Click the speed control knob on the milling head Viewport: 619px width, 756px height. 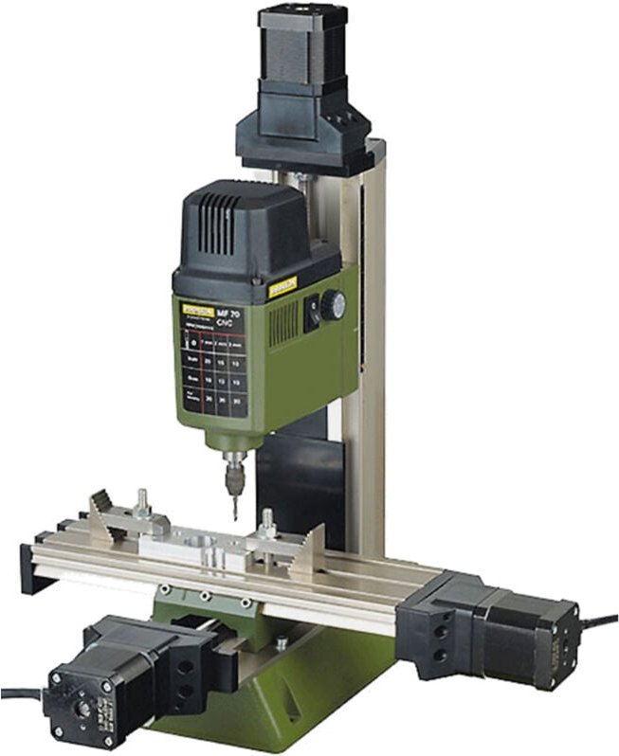333,305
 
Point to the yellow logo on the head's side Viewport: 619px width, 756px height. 282,287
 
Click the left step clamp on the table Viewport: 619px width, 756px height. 114,519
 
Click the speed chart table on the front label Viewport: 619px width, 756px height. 213,369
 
